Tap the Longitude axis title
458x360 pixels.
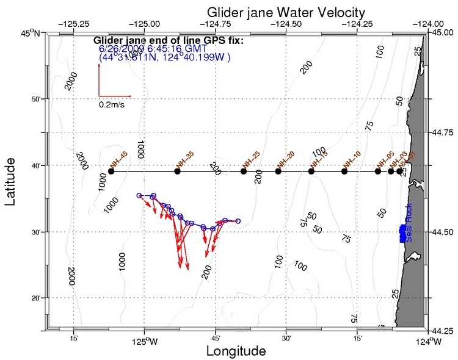point(236,351)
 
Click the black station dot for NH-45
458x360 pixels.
point(111,171)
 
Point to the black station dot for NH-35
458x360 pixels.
point(177,171)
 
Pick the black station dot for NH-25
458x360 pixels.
point(244,171)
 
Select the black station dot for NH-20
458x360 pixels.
point(278,171)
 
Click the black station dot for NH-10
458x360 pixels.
point(344,171)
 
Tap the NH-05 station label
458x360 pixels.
point(384,160)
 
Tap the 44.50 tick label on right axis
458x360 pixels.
point(442,232)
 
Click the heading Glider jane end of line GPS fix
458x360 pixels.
point(169,41)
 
